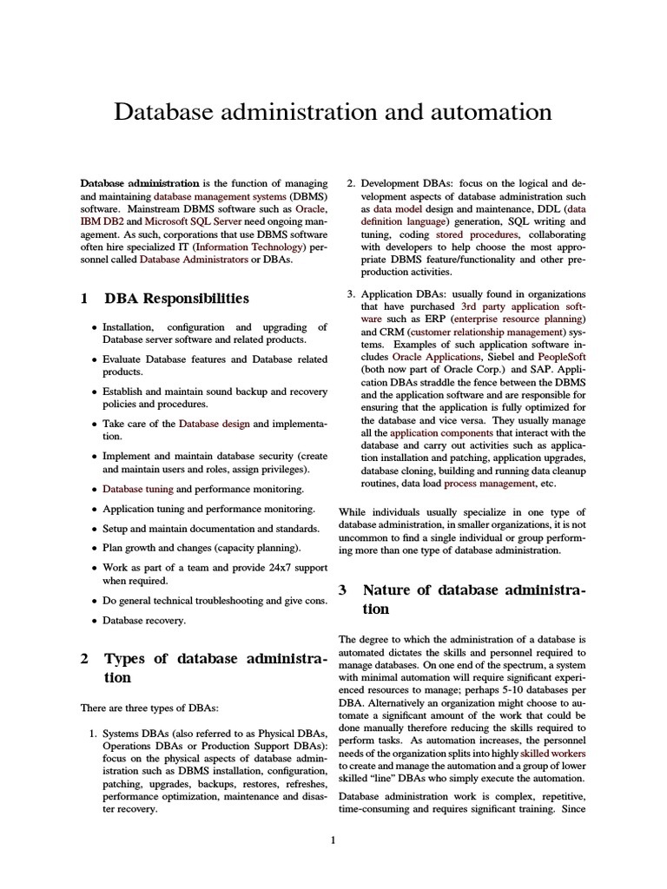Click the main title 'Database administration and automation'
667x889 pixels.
point(333,112)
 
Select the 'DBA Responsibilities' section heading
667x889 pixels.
point(176,298)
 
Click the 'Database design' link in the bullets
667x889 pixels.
point(214,424)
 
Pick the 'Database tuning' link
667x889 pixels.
point(137,489)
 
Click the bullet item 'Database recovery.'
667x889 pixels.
point(144,620)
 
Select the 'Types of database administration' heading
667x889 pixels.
point(204,668)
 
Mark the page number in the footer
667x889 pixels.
point(333,839)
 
